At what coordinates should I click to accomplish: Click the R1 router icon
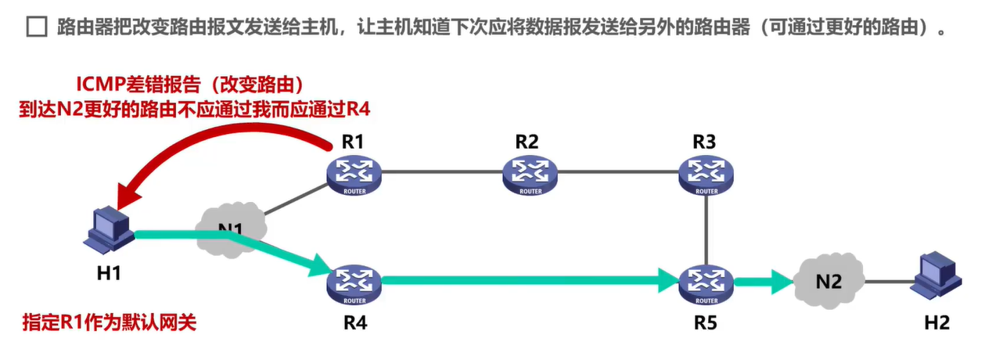coord(354,173)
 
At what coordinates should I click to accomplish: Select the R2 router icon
coord(530,173)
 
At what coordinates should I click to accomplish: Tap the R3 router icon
coord(706,173)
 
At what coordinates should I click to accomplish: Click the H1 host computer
coord(110,229)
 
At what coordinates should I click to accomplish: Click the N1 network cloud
coord(232,229)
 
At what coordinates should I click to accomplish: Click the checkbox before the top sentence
coord(36,29)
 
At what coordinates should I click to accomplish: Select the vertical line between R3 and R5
coord(706,226)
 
